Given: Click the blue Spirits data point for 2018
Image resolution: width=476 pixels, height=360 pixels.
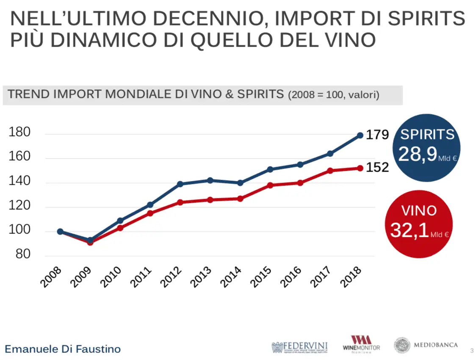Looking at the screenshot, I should pyautogui.click(x=360, y=136).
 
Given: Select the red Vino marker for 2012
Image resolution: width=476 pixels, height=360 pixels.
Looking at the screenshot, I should pyautogui.click(x=180, y=202).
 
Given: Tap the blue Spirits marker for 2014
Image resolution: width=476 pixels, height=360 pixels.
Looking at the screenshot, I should pyautogui.click(x=240, y=183).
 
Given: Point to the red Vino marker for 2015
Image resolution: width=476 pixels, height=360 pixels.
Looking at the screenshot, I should pyautogui.click(x=270, y=185).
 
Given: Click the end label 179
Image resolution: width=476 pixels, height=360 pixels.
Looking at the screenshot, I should pyautogui.click(x=377, y=135).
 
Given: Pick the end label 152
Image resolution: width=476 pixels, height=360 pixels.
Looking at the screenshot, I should pyautogui.click(x=377, y=168).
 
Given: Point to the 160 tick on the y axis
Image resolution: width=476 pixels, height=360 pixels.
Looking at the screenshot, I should pyautogui.click(x=19, y=157).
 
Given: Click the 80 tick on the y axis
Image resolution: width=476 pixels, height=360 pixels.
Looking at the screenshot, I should pyautogui.click(x=23, y=255).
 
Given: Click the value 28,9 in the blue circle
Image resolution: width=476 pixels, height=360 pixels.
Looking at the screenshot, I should pyautogui.click(x=418, y=155).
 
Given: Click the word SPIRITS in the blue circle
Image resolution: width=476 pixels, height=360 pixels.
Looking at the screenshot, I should pyautogui.click(x=427, y=135).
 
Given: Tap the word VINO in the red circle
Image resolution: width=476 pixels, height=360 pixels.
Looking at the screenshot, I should pyautogui.click(x=419, y=210).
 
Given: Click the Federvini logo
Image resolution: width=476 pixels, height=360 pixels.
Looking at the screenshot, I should pyautogui.click(x=299, y=347).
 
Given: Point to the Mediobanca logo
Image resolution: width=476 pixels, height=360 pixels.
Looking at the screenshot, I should pyautogui.click(x=426, y=345).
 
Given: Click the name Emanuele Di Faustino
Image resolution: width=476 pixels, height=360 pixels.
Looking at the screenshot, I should pyautogui.click(x=63, y=349).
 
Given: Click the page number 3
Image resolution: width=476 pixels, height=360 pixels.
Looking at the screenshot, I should pyautogui.click(x=472, y=350).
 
